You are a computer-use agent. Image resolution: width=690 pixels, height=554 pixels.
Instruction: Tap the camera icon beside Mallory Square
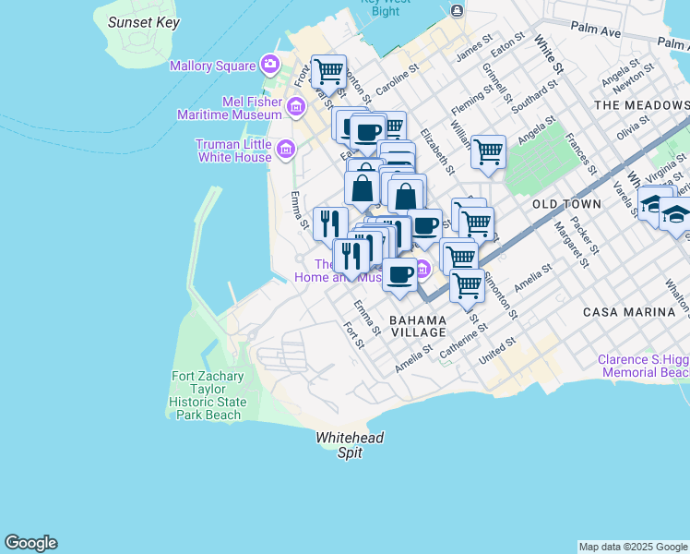coord(270,65)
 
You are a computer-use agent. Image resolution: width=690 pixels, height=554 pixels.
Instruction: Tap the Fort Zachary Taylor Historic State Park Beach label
coord(208,395)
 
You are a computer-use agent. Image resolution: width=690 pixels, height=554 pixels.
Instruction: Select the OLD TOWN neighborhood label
coord(566,203)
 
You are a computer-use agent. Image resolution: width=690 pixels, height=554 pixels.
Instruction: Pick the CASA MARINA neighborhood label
coord(629,312)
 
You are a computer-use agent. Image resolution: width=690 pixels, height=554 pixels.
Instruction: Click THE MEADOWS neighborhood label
coord(641,105)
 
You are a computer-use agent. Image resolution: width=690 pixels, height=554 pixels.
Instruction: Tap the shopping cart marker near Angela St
coord(488,150)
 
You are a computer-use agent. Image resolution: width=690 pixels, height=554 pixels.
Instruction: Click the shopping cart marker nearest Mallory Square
coord(327,70)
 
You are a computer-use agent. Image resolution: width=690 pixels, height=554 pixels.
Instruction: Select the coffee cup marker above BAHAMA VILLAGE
coord(400,274)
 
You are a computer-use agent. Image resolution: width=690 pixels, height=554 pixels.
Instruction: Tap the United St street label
coord(497,350)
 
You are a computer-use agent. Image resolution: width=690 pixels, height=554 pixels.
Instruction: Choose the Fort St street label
coord(353,334)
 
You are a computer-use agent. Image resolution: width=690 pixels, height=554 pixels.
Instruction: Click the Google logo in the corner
coord(30,543)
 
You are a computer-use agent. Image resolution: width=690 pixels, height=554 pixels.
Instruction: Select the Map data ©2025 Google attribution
coord(633,547)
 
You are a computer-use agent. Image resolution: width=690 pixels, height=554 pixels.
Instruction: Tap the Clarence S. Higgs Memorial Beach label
coord(643,367)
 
